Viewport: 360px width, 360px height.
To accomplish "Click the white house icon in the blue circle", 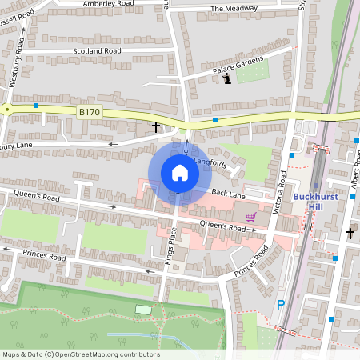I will pyautogui.click(x=179, y=173).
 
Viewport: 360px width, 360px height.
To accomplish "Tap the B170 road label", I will pyautogui.click(x=89, y=113).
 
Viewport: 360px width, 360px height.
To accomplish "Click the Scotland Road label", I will pyautogui.click(x=96, y=50).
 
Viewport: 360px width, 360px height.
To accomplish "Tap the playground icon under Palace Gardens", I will pyautogui.click(x=227, y=79).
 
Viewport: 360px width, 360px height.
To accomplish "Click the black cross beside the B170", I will pyautogui.click(x=156, y=127).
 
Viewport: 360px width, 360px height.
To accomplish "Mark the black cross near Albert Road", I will pyautogui.click(x=350, y=233).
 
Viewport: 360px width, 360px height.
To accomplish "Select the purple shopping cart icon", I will pyautogui.click(x=250, y=217).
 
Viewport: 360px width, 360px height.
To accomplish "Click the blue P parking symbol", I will pyautogui.click(x=280, y=304).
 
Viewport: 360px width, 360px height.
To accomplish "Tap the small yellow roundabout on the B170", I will pyautogui.click(x=6, y=108).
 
